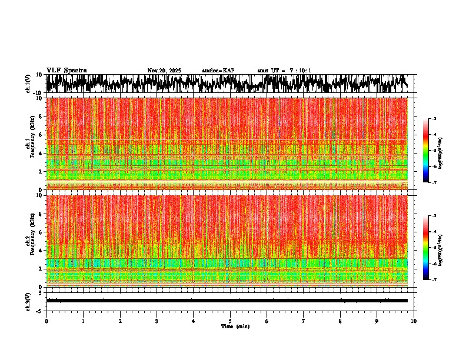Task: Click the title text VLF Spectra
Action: [x=66, y=70]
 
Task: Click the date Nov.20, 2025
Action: [x=164, y=71]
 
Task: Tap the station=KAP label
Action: [x=218, y=71]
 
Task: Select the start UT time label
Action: [x=284, y=71]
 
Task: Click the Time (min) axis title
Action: [x=235, y=326]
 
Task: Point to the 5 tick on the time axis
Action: [x=230, y=321]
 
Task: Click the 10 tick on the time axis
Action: [x=414, y=321]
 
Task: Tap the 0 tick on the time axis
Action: [x=46, y=321]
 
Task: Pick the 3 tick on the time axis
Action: [x=157, y=321]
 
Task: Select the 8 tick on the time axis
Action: [x=340, y=321]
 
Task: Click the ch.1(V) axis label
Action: [x=28, y=84]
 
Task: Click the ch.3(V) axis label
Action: [x=28, y=301]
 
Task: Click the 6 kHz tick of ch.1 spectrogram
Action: [x=40, y=135]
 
